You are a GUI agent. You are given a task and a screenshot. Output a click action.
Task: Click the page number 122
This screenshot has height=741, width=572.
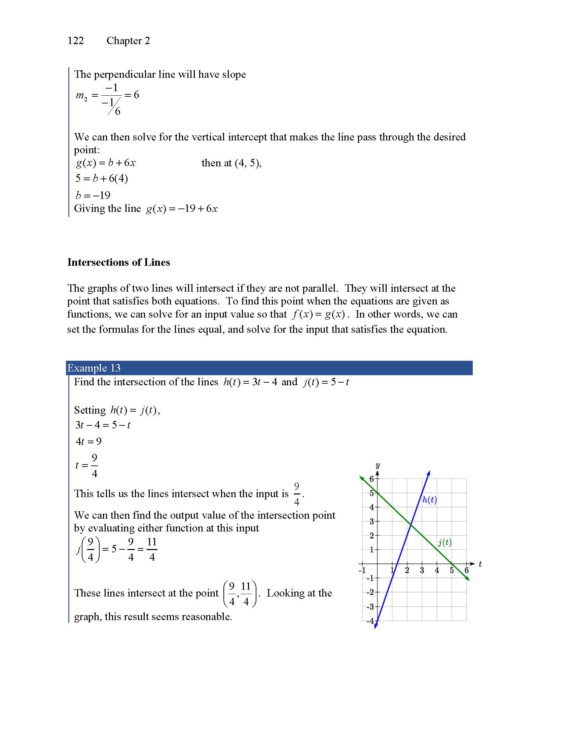(x=76, y=41)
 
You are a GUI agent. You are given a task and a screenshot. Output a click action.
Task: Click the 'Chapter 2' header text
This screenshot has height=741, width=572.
(x=128, y=41)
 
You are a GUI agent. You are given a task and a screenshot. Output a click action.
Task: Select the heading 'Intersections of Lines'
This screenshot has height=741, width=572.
(x=118, y=262)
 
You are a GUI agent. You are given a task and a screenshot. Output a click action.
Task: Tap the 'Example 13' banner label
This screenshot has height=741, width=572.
(x=94, y=368)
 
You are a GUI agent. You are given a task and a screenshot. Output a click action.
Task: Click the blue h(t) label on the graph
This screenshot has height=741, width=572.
(x=429, y=500)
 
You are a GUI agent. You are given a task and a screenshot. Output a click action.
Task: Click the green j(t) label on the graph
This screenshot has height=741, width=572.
(x=444, y=543)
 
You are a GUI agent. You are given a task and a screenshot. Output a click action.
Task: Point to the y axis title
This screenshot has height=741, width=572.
(x=378, y=465)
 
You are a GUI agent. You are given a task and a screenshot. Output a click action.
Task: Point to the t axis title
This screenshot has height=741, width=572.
(x=480, y=564)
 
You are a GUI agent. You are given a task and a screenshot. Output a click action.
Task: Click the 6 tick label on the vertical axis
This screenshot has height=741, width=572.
(x=371, y=479)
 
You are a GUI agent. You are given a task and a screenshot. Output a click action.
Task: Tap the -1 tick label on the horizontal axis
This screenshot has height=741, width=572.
(x=362, y=570)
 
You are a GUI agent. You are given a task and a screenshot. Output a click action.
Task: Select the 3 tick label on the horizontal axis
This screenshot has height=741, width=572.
(x=422, y=570)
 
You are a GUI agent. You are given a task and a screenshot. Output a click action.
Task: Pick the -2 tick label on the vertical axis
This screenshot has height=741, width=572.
(x=370, y=592)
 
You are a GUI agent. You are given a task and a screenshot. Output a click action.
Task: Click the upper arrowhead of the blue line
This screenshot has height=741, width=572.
(x=429, y=472)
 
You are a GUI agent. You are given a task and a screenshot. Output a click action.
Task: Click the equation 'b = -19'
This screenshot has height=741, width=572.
(x=93, y=195)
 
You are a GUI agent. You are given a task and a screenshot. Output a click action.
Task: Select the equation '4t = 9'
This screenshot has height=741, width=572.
(x=88, y=442)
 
